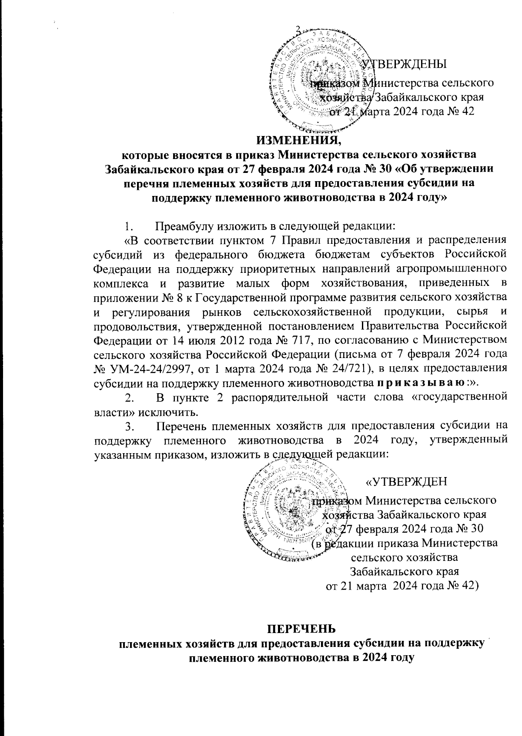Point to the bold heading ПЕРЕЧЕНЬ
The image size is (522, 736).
tap(301, 629)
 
